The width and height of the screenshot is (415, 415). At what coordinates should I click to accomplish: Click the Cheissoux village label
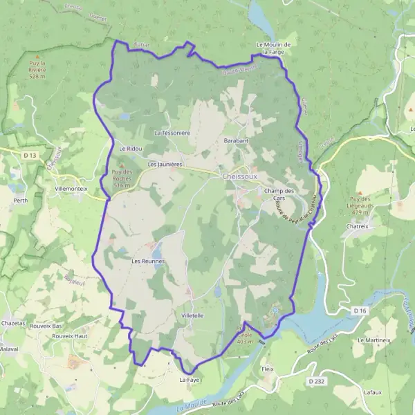240,176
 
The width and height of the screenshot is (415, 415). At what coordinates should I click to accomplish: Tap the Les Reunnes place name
148,261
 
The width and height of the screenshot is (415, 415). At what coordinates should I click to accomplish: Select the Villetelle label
192,315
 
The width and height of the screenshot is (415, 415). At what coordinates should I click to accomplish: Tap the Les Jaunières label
165,165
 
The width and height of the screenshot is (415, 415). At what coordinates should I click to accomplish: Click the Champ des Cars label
279,194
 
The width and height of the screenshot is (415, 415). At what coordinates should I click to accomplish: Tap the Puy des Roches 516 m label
122,178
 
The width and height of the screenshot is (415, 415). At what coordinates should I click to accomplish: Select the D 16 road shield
359,311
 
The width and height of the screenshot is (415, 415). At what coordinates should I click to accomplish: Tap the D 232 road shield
316,381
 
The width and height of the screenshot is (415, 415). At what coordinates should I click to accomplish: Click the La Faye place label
190,380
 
